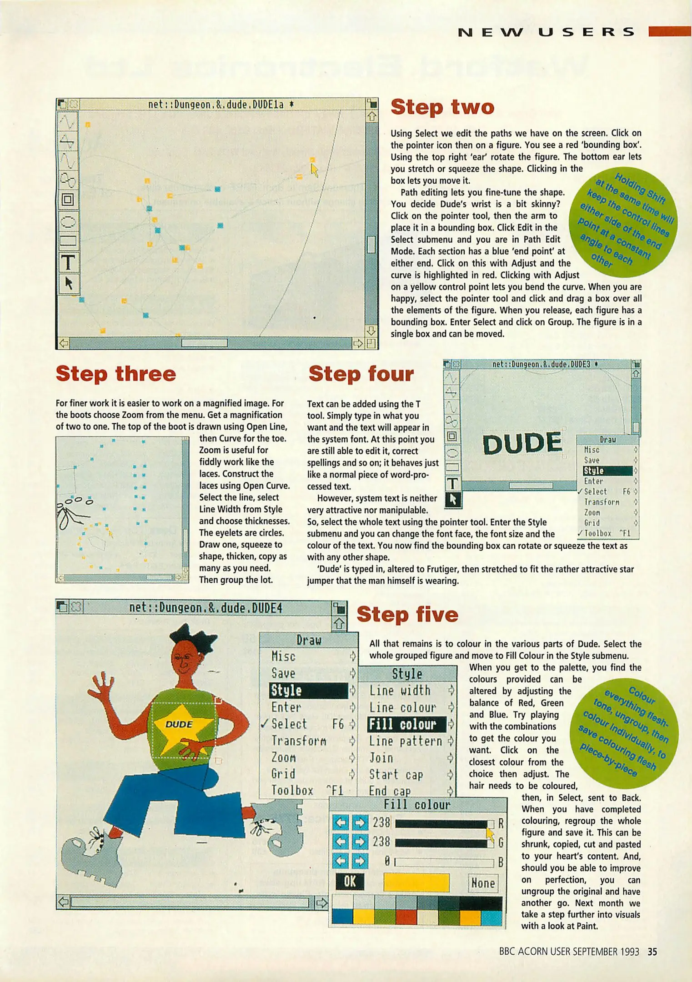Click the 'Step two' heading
coord(442,107)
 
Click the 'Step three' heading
coord(115,374)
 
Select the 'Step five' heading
coord(407,614)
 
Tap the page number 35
coord(652,952)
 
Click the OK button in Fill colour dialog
coord(349,882)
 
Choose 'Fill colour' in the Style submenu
coord(402,724)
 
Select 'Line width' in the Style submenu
coord(400,691)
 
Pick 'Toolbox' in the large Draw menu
coord(292,791)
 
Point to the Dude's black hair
coord(191,636)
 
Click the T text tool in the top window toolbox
coord(68,262)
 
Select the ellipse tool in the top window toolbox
coord(68,222)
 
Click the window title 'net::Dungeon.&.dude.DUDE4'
coord(206,608)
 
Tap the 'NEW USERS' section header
coord(546,32)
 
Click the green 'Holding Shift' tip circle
coord(623,223)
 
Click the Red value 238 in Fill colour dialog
coord(381,822)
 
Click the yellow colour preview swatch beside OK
coord(416,882)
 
